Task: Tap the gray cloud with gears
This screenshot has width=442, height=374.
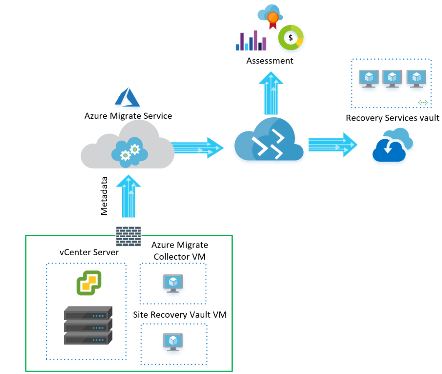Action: point(128,148)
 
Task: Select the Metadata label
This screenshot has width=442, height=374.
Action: point(104,196)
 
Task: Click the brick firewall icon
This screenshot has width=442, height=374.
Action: point(128,236)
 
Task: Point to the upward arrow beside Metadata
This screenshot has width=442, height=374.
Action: point(128,196)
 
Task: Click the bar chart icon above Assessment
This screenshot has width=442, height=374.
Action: point(251,40)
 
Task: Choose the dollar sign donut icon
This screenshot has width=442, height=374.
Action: point(291,38)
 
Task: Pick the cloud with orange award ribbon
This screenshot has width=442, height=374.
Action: point(271,17)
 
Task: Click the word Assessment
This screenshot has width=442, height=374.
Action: point(269,61)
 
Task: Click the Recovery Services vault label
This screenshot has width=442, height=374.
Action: point(392,118)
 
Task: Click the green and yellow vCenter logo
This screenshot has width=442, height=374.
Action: point(89,283)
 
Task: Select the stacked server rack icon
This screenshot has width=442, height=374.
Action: point(88,325)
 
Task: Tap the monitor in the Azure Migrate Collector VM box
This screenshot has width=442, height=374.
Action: point(173,283)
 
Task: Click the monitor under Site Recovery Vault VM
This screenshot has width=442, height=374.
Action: point(173,341)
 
